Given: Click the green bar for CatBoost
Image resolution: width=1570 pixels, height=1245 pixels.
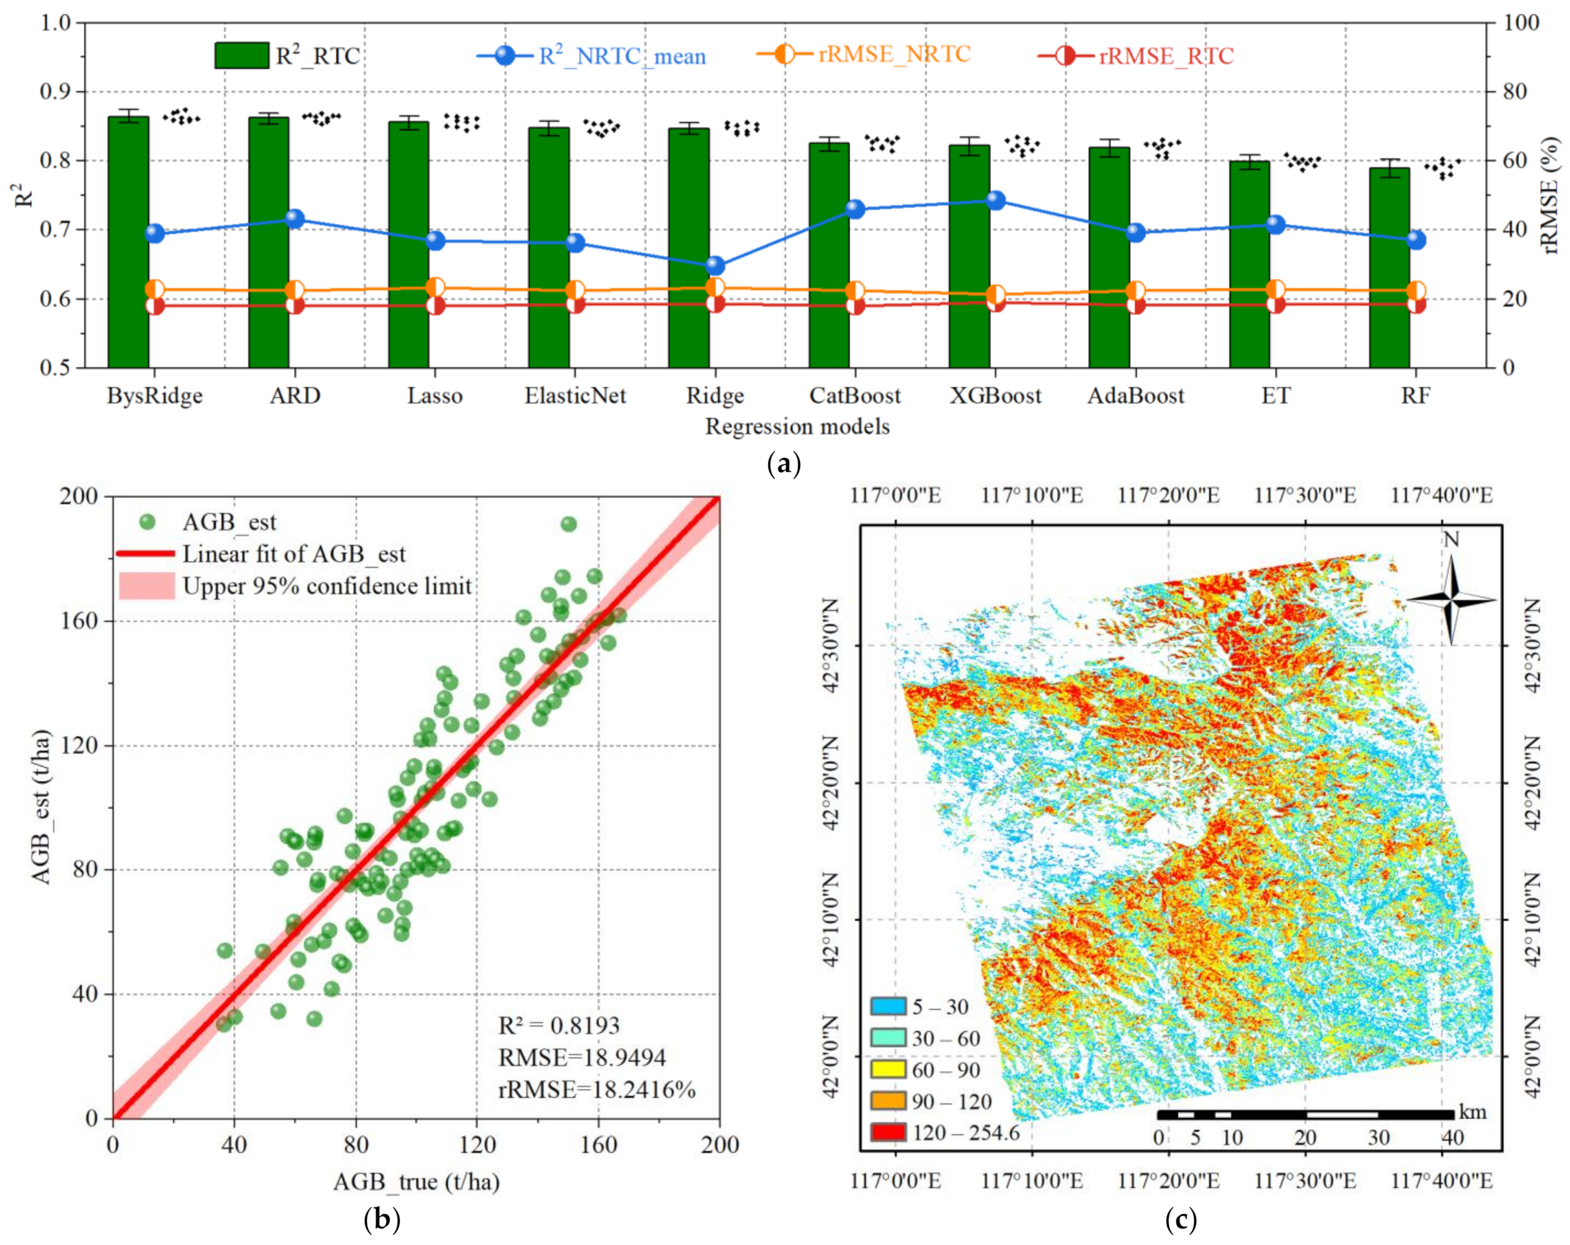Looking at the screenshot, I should tap(829, 255).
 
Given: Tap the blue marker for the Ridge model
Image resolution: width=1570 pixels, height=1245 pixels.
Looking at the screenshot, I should tap(715, 265).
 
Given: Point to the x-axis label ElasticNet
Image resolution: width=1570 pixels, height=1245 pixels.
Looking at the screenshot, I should tap(575, 396).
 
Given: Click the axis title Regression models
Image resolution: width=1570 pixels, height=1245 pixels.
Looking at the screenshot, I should tap(797, 427).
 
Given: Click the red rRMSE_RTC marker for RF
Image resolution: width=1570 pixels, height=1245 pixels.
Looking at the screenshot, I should tap(1415, 304).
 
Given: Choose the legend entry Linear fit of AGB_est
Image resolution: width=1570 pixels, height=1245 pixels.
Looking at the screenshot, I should tap(293, 554).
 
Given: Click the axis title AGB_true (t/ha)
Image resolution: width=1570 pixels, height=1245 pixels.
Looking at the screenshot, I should tap(416, 1182).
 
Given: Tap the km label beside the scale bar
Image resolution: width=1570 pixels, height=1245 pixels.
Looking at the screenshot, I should tap(1472, 1112).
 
